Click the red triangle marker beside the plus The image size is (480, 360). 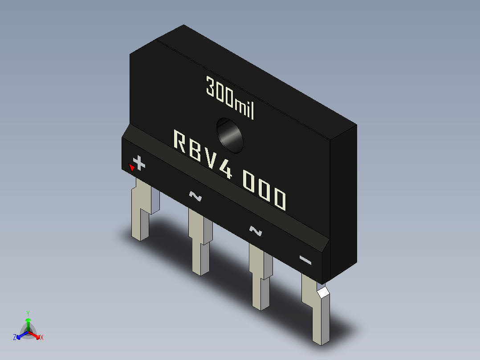pyautogui.click(x=131, y=168)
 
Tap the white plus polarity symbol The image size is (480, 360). pyautogui.click(x=139, y=164)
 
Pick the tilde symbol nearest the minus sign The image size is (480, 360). pyautogui.click(x=255, y=231)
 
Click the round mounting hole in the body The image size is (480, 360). pyautogui.click(x=230, y=135)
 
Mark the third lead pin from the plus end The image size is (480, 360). pyautogui.click(x=260, y=277)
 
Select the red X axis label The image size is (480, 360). pyautogui.click(x=42, y=337)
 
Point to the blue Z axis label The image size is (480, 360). pyautogui.click(x=15, y=337)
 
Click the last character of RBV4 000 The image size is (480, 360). pyautogui.click(x=279, y=200)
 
